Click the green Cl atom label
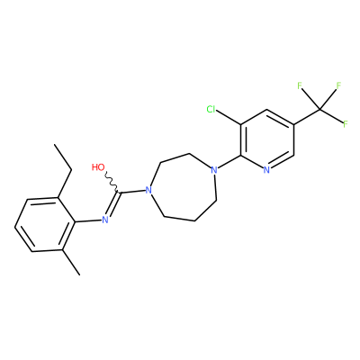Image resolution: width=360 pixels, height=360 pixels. click(211, 110)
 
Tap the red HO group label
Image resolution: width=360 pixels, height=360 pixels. click(98, 167)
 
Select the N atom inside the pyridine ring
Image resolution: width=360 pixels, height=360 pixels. click(266, 170)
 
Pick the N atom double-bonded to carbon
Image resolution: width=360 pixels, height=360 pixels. click(105, 220)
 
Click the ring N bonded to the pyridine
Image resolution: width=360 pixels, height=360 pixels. click(213, 170)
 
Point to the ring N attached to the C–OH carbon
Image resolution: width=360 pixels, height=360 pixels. click(148, 190)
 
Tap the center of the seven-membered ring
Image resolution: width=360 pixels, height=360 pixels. click(184, 188)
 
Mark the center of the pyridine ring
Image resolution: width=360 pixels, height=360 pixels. click(266, 139)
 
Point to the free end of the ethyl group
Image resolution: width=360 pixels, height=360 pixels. click(55, 145)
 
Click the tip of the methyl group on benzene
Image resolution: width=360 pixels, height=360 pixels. click(80, 274)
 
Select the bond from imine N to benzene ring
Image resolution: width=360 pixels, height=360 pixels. click(87, 221)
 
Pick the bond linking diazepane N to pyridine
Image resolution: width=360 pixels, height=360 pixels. click(229, 162)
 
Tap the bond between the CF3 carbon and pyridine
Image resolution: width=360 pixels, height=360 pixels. click(307, 117)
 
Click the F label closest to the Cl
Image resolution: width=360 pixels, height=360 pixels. click(300, 86)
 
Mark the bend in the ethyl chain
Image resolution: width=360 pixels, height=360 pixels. click(72, 170)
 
